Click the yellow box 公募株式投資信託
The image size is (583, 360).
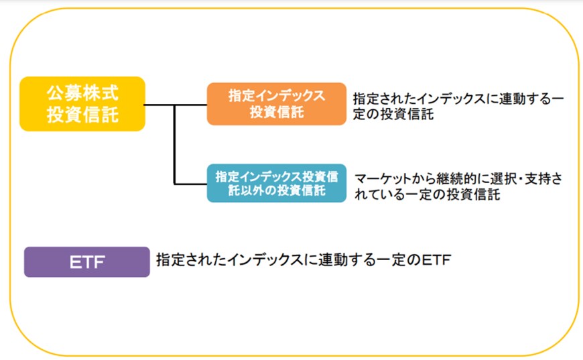[x=82, y=103]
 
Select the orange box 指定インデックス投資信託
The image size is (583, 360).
[x=276, y=104]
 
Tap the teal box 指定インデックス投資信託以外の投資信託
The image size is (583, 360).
[x=276, y=183]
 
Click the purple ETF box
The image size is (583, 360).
[x=86, y=261]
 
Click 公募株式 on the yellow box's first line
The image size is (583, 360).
[x=82, y=93]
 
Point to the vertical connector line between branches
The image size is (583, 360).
[x=174, y=144]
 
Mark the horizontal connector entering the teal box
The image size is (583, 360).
[x=190, y=183]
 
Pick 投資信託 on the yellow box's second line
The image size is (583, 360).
[x=82, y=115]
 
